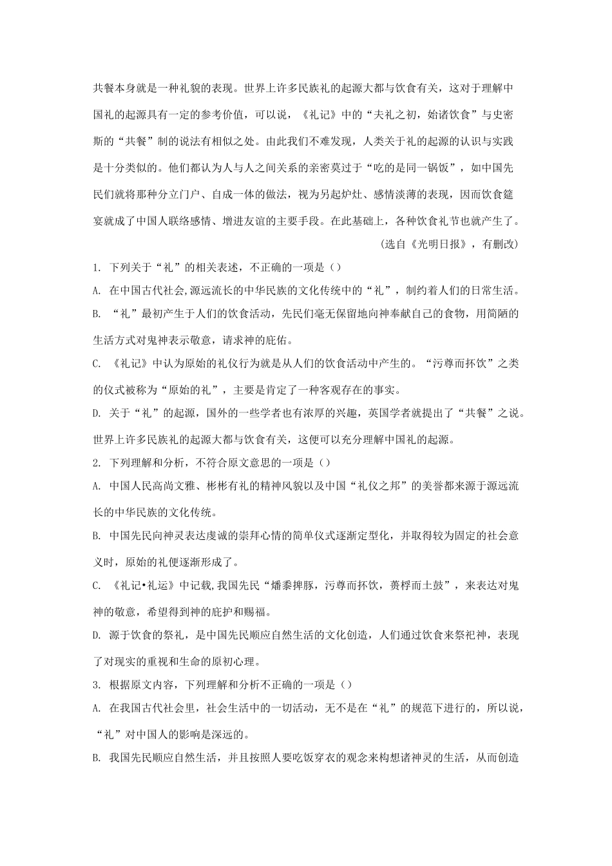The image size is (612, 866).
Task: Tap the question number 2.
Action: pos(96,462)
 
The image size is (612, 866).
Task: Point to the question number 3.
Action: pos(96,685)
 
